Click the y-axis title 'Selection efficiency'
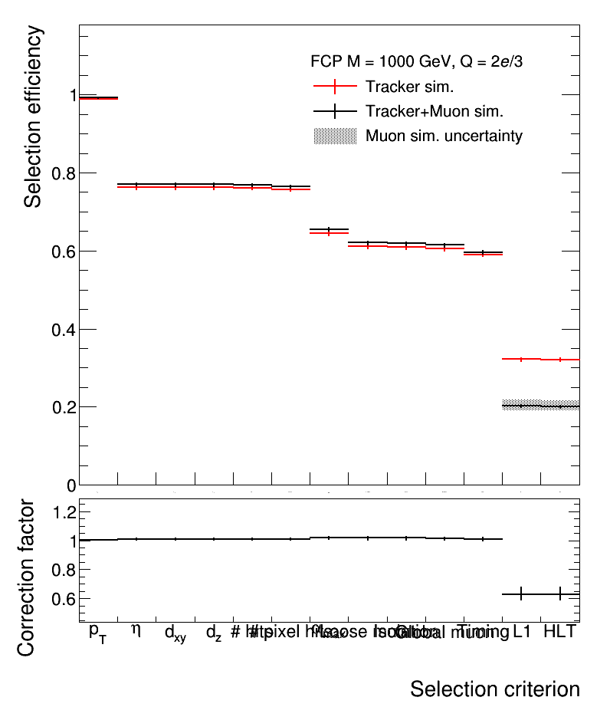32,117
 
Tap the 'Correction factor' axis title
26,577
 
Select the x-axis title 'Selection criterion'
494,688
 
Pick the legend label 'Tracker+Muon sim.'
434,111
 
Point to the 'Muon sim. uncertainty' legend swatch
335,136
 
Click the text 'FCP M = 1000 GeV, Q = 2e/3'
416,61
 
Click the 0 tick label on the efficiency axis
71,485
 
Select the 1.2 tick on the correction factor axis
64,511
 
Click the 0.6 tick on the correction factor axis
64,598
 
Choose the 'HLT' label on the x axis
559,632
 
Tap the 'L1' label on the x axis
522,632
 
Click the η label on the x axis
136,630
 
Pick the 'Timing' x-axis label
483,632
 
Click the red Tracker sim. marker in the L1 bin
521,359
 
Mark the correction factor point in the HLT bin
560,594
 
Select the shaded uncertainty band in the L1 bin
521,404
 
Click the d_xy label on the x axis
175,633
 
